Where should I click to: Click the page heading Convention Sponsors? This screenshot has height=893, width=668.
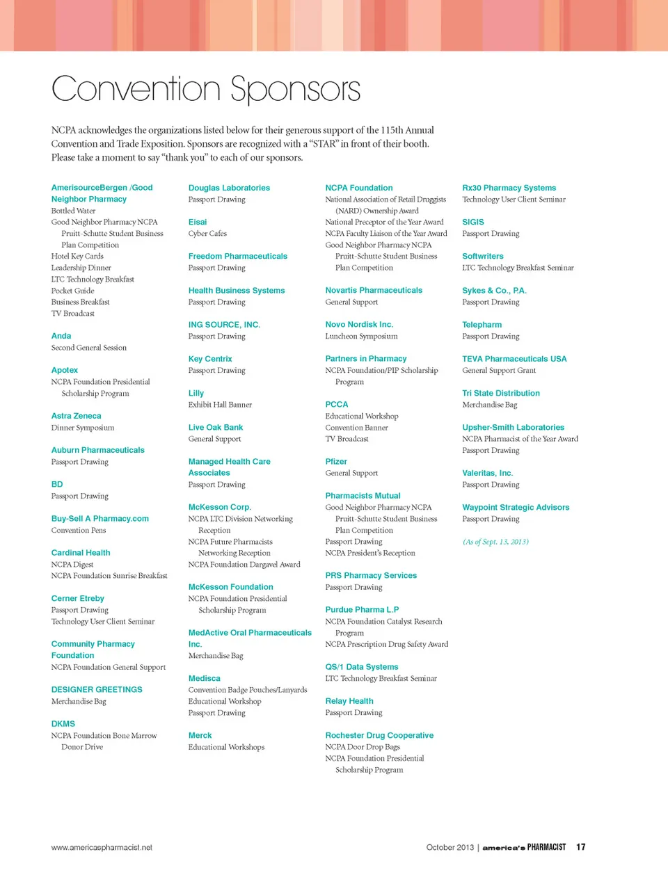[206, 89]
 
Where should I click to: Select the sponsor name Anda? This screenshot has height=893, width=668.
[61, 336]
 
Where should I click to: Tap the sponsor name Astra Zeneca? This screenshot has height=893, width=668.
[76, 416]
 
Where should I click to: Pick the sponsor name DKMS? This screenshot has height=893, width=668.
[63, 724]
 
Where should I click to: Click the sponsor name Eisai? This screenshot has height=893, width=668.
[198, 222]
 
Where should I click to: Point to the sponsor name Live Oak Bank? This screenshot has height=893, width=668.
[216, 428]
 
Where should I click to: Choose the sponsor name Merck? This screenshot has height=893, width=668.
[200, 735]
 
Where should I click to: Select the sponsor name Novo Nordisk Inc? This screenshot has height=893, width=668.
[359, 325]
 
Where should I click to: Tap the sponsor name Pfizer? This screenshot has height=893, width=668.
[336, 462]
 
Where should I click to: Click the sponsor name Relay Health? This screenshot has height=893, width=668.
[349, 701]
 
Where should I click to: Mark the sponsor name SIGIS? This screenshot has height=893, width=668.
[473, 222]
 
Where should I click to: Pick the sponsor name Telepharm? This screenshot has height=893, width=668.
[482, 325]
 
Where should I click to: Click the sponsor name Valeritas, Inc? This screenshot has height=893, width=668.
[487, 473]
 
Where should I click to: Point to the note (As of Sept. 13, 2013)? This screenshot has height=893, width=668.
[495, 542]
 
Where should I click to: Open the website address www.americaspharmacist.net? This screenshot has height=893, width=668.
[102, 848]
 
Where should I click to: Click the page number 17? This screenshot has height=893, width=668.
[581, 847]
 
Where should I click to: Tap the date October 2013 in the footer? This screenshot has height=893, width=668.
[450, 848]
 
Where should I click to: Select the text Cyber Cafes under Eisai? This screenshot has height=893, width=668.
[207, 234]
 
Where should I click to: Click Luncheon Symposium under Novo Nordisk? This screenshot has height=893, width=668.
[361, 337]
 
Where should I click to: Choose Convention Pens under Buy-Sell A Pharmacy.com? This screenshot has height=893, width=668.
[79, 531]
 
